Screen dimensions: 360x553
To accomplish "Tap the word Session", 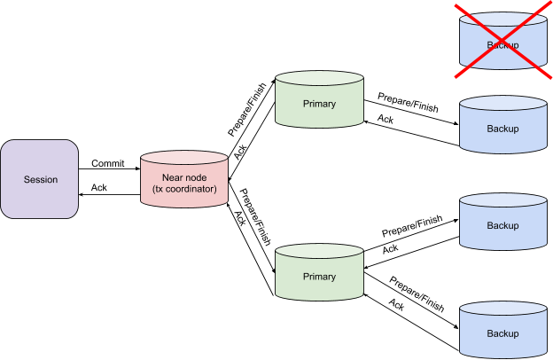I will pyautogui.click(x=40, y=179).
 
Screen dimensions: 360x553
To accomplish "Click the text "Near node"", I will pyautogui.click(x=184, y=177).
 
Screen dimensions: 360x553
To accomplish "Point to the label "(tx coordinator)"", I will pyautogui.click(x=184, y=190).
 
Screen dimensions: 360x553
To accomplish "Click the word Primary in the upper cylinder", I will pyautogui.click(x=319, y=104).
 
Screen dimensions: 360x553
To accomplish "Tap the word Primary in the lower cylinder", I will pyautogui.click(x=319, y=277).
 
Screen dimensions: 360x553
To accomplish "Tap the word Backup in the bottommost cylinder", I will pyautogui.click(x=502, y=333).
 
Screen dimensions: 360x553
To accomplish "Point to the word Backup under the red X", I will pyautogui.click(x=502, y=44).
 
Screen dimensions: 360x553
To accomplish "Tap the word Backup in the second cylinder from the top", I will pyautogui.click(x=502, y=129).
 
